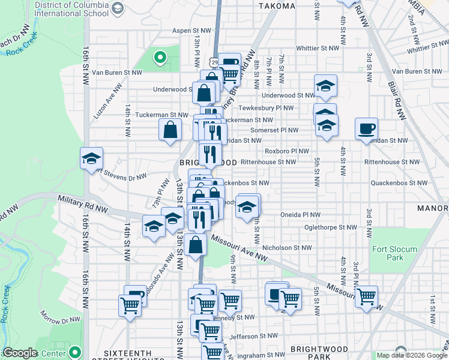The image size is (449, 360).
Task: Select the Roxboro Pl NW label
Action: click(x=287, y=152)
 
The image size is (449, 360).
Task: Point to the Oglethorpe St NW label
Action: click(x=330, y=227)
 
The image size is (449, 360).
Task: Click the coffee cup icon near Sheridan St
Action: click(x=366, y=128)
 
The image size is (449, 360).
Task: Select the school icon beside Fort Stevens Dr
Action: click(x=91, y=158)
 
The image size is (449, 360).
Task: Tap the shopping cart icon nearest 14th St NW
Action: click(x=130, y=305)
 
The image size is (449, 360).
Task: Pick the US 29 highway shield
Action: click(x=215, y=62)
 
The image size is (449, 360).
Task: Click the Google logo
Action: click(x=20, y=353)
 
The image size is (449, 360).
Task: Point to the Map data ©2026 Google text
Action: click(x=411, y=355)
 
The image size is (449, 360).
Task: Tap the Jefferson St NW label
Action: click(x=254, y=336)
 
